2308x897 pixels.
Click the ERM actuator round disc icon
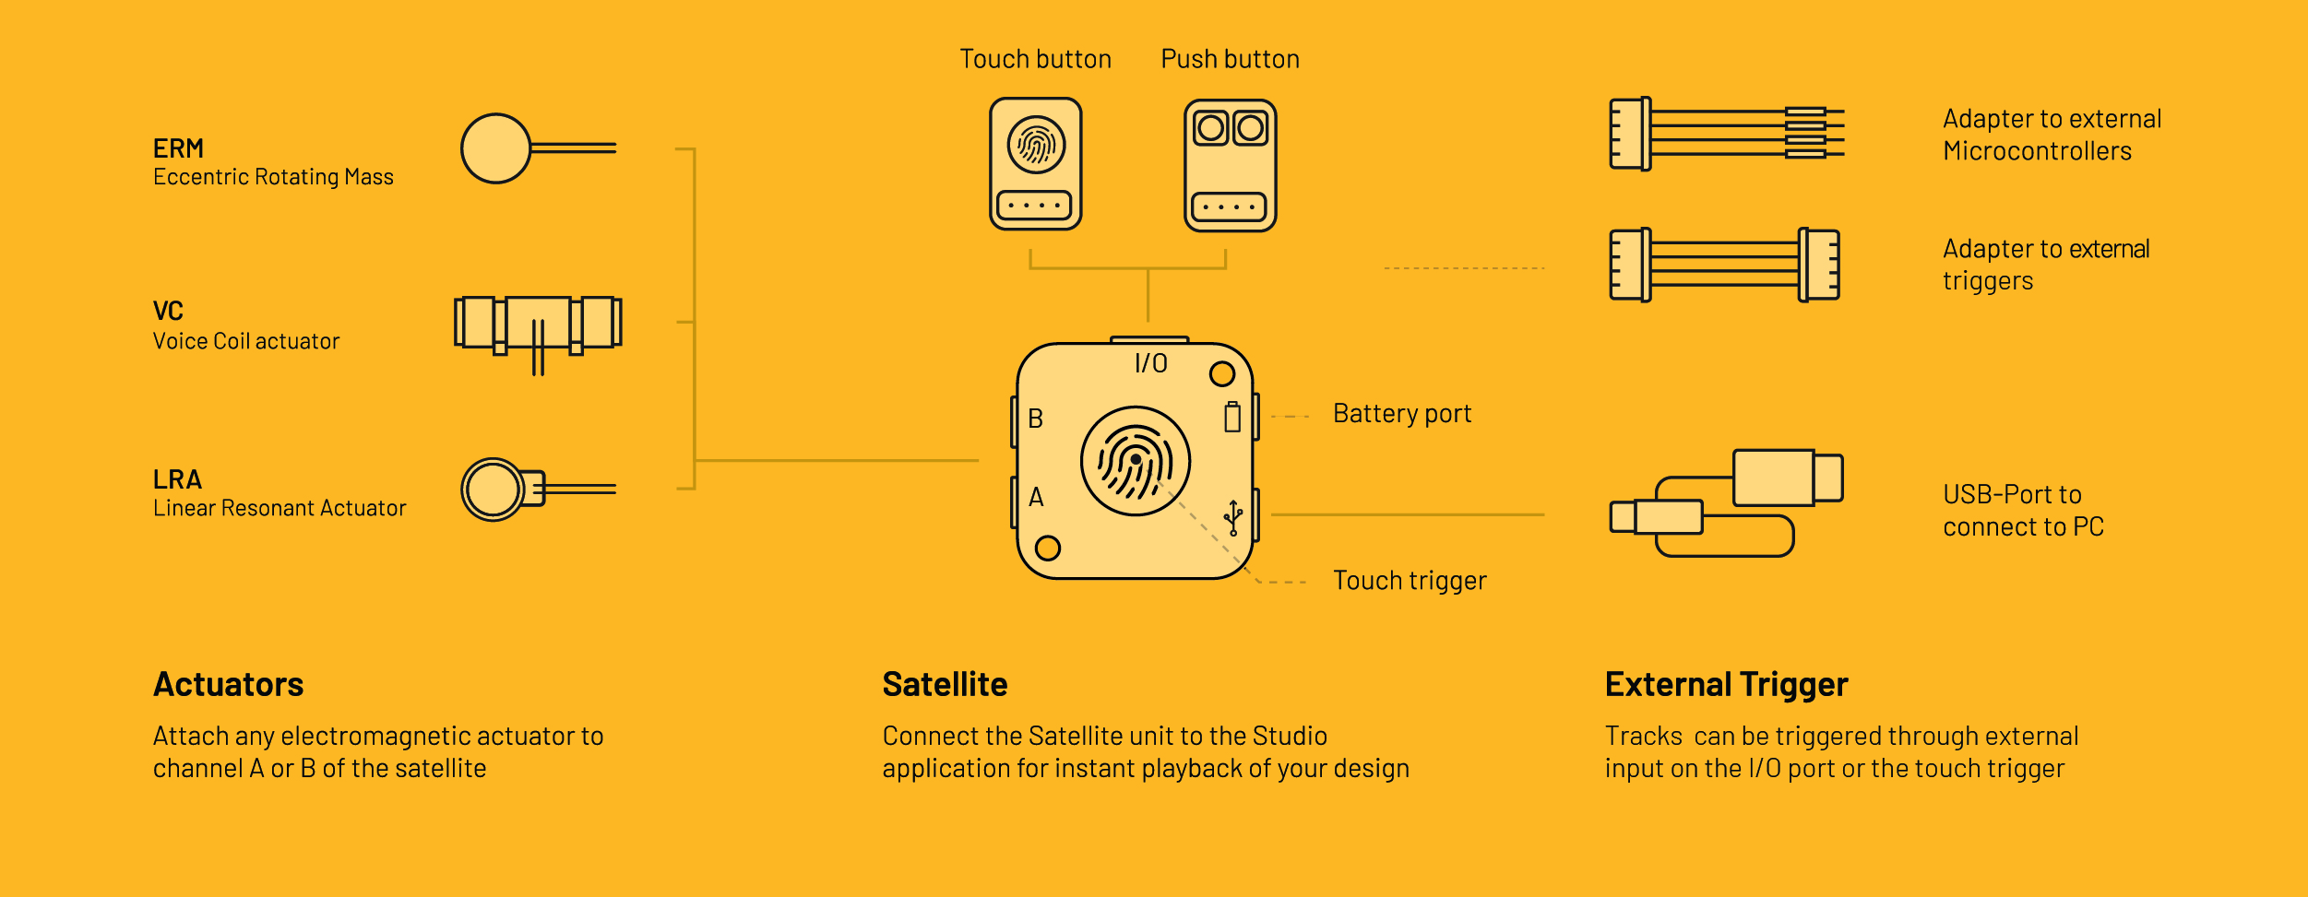click(x=496, y=148)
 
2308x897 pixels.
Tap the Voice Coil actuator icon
click(x=538, y=325)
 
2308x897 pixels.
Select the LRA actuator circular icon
click(x=494, y=490)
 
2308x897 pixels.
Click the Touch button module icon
click(x=1036, y=164)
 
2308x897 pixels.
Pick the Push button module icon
click(x=1231, y=166)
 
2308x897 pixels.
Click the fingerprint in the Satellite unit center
click(x=1136, y=461)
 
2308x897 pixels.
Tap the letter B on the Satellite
click(x=1036, y=419)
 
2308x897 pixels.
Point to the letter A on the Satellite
click(x=1036, y=498)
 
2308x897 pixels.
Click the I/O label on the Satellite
click(x=1151, y=363)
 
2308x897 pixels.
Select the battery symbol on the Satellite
click(x=1232, y=417)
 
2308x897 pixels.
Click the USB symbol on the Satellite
click(x=1233, y=517)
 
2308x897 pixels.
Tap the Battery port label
click(x=1402, y=414)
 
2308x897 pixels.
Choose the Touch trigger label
click(x=1410, y=581)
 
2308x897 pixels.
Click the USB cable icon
click(x=1726, y=502)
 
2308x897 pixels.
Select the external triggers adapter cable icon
click(x=1724, y=265)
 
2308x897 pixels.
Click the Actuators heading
click(x=229, y=685)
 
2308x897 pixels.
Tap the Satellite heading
click(x=945, y=685)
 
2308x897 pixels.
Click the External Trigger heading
click(x=1726, y=685)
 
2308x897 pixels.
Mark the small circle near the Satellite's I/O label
click(x=1222, y=374)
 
